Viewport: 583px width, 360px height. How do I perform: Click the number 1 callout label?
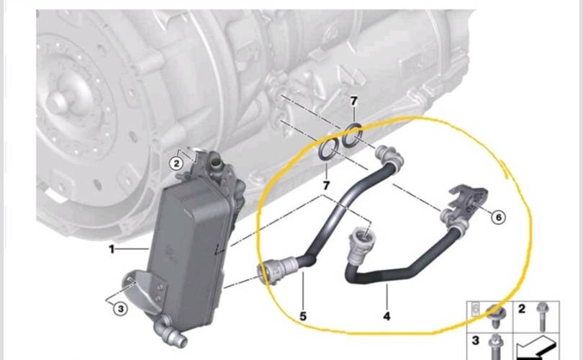(112, 249)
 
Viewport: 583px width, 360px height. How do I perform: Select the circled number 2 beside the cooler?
(176, 163)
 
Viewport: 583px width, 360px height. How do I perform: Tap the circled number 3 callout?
(120, 308)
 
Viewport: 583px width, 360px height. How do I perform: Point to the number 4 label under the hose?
(387, 316)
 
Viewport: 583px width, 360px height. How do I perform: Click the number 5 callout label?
(303, 316)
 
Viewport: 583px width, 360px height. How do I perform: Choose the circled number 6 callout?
(499, 217)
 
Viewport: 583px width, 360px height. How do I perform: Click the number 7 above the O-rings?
(353, 101)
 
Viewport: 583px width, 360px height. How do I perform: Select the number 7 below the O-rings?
(326, 185)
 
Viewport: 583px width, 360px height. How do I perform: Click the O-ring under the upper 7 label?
(352, 135)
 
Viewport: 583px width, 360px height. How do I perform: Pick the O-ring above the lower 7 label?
(329, 150)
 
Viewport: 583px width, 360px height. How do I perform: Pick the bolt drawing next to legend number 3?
(496, 346)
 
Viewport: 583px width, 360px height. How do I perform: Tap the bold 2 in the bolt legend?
(522, 309)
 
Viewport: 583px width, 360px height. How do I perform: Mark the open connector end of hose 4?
(360, 235)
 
